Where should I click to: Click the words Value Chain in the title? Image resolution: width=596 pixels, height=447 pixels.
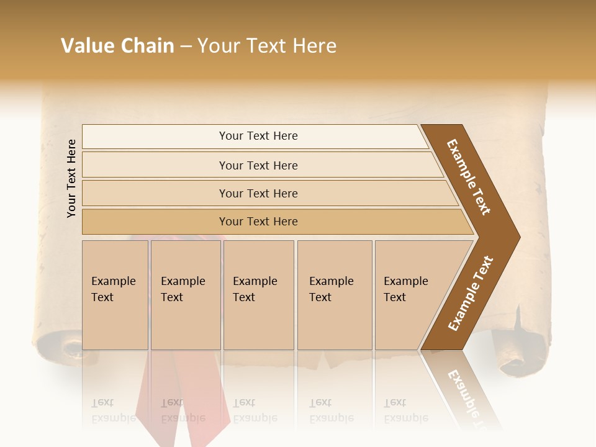[x=117, y=46]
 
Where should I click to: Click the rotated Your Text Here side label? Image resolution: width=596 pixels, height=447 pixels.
[x=71, y=178]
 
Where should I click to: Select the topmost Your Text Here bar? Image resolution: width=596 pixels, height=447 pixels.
[x=258, y=136]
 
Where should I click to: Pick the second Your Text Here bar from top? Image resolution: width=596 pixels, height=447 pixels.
[x=258, y=165]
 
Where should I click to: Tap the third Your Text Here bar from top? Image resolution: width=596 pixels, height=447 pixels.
[x=258, y=193]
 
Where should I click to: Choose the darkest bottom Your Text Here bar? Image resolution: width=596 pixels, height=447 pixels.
[x=258, y=222]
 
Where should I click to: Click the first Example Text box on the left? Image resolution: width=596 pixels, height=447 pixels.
[x=115, y=295]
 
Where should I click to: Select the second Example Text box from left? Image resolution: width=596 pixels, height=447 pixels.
[x=185, y=295]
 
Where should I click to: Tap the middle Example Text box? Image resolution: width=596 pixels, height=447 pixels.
[x=258, y=295]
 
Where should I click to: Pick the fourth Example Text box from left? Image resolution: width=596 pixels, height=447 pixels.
[x=334, y=295]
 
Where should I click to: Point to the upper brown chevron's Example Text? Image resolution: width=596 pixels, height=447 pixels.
[x=469, y=177]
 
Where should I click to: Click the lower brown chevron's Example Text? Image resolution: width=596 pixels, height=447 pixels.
[x=470, y=294]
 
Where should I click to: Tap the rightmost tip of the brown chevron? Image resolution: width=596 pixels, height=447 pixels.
[x=519, y=237]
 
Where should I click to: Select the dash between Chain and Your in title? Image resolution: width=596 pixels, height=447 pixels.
[x=186, y=46]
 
